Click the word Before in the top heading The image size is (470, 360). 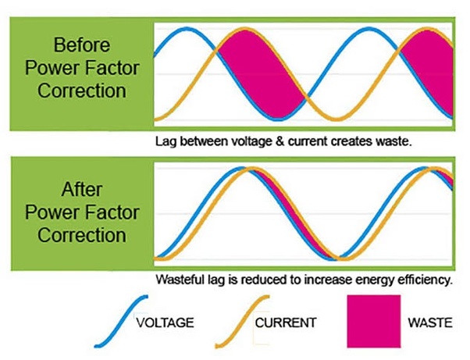[82, 45]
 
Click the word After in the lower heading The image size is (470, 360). [82, 190]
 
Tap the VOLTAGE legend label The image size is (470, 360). [165, 323]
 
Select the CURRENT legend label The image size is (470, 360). [286, 323]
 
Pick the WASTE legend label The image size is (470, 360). [430, 323]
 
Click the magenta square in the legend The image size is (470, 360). [374, 321]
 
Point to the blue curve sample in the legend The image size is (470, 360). [121, 321]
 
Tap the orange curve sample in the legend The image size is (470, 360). [242, 321]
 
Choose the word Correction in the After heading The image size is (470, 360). [82, 235]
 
